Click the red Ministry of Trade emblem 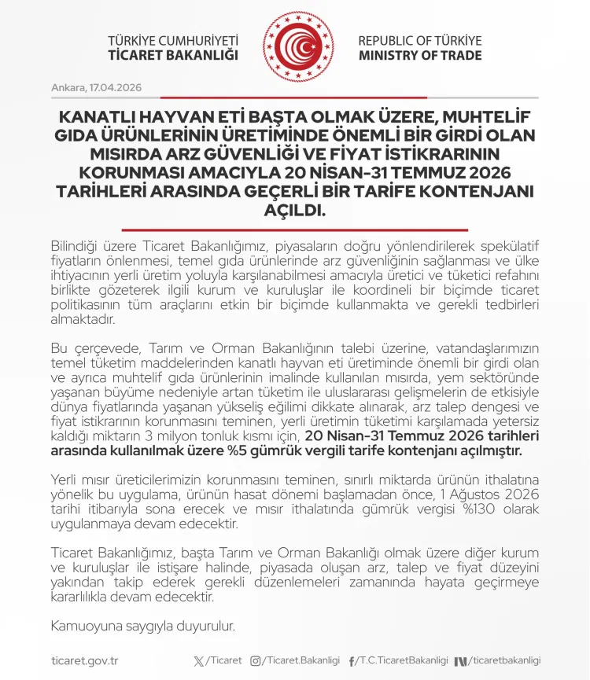click(295, 47)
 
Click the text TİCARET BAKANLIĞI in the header click(173, 56)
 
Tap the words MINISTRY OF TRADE click(420, 56)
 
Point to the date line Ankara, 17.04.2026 click(97, 87)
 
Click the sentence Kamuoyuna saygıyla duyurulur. click(142, 627)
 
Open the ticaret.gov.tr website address click(84, 661)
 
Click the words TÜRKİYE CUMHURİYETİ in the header click(173, 41)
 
